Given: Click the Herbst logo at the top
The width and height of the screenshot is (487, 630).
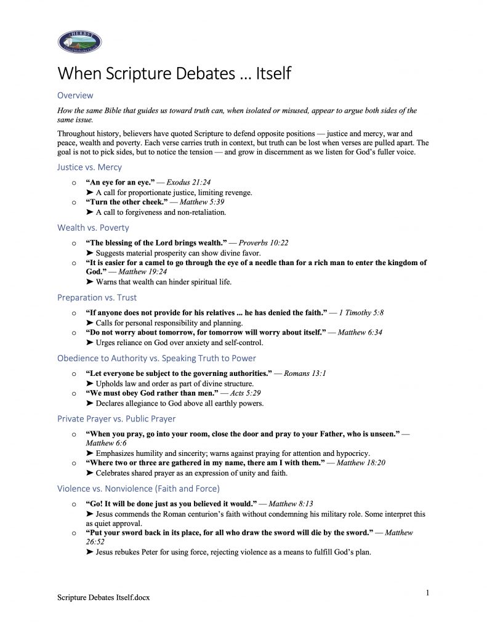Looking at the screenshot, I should tap(79, 42).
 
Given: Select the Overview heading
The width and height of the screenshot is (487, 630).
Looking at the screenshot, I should tap(75, 95).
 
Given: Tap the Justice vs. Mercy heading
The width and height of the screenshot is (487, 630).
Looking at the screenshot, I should tap(89, 167).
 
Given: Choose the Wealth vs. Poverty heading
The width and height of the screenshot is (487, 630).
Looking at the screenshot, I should tap(93, 228).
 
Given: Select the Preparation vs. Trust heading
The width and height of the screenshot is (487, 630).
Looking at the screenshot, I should tap(97, 297).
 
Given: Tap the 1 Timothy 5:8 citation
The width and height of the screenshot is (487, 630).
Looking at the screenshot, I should tap(365, 313).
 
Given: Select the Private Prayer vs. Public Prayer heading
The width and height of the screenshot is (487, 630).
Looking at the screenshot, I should tap(116, 419).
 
